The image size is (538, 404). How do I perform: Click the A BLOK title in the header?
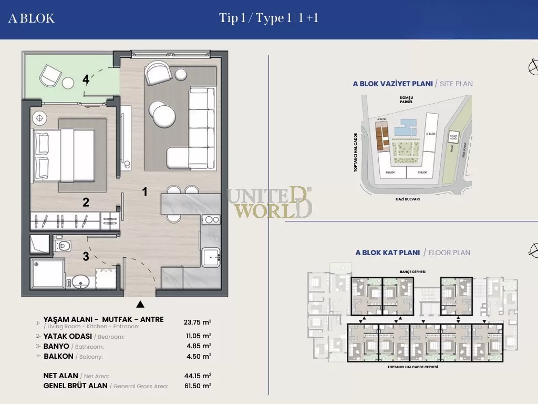point(32,18)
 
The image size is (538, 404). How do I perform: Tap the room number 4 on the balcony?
point(86,80)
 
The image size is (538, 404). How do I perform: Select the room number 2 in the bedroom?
point(86,202)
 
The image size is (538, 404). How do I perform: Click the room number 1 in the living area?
point(145,192)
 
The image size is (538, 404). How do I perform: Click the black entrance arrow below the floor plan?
point(140,304)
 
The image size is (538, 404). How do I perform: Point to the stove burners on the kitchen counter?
point(212,220)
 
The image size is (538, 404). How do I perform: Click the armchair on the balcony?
point(51,75)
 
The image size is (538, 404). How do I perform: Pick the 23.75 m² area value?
point(198,322)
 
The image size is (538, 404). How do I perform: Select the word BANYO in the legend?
point(56,346)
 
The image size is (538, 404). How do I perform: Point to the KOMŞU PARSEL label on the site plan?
point(407,100)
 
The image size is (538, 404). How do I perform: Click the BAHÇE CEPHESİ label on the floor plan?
point(412,271)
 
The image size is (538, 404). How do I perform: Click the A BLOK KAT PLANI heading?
point(388,252)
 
